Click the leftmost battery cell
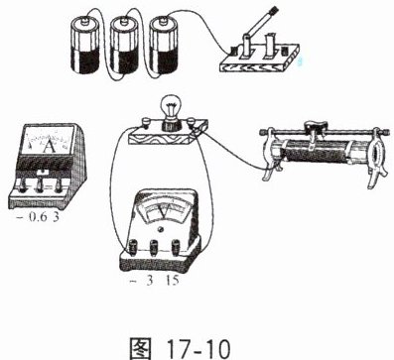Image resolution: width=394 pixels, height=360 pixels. pyautogui.click(x=85, y=46)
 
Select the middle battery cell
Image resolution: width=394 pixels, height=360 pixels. pyautogui.click(x=124, y=46)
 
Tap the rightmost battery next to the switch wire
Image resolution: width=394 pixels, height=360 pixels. pyautogui.click(x=164, y=46)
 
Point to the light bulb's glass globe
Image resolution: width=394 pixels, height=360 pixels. pyautogui.click(x=170, y=107)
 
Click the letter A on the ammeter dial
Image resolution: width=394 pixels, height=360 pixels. pyautogui.click(x=50, y=146)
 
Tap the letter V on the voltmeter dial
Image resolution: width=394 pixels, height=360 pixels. pyautogui.click(x=164, y=212)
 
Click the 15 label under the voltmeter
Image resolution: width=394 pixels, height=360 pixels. pyautogui.click(x=173, y=281)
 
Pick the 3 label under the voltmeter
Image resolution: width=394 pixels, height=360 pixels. pyautogui.click(x=150, y=281)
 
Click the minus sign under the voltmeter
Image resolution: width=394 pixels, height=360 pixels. pyautogui.click(x=133, y=282)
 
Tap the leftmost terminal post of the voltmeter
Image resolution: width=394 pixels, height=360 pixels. pyautogui.click(x=134, y=247)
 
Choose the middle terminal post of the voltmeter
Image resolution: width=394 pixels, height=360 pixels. pyautogui.click(x=155, y=247)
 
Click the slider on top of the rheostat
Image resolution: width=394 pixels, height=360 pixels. pyautogui.click(x=316, y=128)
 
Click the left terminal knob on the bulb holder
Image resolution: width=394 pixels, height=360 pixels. pyautogui.click(x=146, y=124)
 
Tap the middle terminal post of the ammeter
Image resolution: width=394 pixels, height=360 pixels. pyautogui.click(x=40, y=186)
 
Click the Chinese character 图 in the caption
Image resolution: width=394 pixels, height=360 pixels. pyautogui.click(x=141, y=348)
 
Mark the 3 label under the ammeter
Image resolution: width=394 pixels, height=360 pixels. pyautogui.click(x=56, y=217)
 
